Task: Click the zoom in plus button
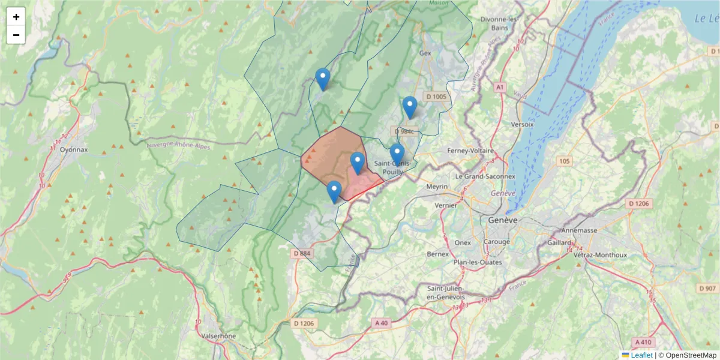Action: (16, 17)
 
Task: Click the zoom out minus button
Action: (16, 35)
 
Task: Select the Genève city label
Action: (502, 220)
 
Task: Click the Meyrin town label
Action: (437, 187)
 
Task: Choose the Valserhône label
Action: (219, 336)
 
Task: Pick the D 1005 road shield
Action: (436, 97)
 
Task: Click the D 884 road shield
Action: (302, 253)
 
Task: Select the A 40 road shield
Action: (382, 323)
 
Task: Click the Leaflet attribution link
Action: (641, 355)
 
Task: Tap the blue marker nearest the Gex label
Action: (410, 107)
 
